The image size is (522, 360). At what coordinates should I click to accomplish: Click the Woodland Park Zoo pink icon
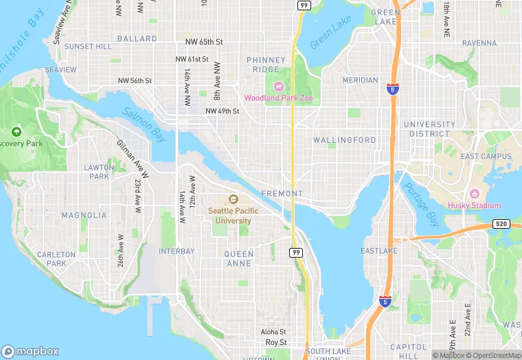[279, 86]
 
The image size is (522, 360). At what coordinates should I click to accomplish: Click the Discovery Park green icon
[16, 131]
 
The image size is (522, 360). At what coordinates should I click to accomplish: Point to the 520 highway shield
[501, 225]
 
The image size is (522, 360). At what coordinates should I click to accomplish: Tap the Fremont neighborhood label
[281, 194]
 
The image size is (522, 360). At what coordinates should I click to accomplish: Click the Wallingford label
[344, 140]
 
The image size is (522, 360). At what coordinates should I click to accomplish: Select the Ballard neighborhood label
[137, 39]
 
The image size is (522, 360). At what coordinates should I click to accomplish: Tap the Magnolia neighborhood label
[84, 215]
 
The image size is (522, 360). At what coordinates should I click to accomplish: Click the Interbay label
[177, 251]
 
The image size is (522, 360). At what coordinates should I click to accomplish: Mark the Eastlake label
[379, 251]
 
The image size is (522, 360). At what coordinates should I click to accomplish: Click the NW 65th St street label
[199, 42]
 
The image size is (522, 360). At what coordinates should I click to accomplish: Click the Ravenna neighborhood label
[479, 43]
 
